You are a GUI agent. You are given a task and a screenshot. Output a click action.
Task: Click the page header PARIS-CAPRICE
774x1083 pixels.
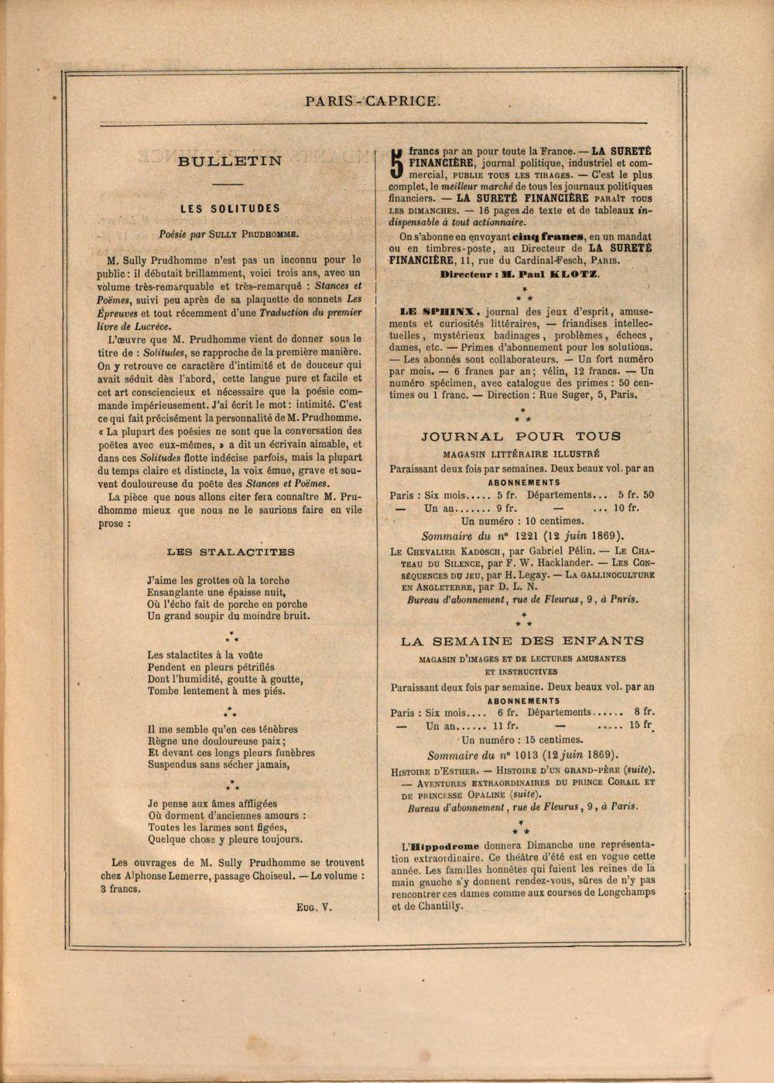372,100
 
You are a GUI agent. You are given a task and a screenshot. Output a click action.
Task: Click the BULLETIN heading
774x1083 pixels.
230,162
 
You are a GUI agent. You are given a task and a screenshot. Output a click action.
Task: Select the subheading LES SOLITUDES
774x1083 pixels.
230,208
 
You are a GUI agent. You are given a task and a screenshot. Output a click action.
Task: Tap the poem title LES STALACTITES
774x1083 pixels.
231,552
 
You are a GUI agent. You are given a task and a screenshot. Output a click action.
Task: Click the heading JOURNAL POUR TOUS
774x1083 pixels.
521,436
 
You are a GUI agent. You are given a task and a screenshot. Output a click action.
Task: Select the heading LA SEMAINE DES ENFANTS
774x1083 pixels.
522,641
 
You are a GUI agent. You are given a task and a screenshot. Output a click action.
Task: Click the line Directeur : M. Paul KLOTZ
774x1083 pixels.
519,274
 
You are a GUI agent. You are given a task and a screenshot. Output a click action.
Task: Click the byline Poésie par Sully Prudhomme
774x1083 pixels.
229,232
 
